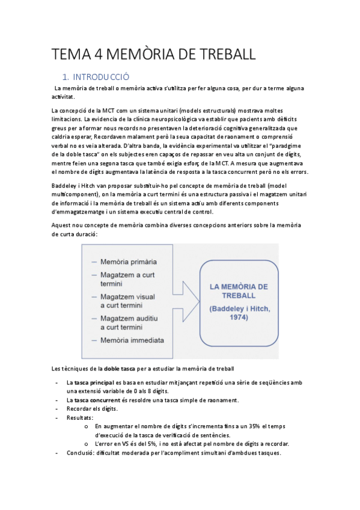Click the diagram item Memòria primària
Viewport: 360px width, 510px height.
point(128,262)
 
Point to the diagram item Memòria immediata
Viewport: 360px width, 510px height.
point(132,340)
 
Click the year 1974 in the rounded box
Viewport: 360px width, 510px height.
point(239,318)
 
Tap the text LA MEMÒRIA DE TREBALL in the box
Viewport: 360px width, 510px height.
point(239,291)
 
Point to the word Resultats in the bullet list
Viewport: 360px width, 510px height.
point(80,417)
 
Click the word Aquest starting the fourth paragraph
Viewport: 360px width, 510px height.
point(63,225)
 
